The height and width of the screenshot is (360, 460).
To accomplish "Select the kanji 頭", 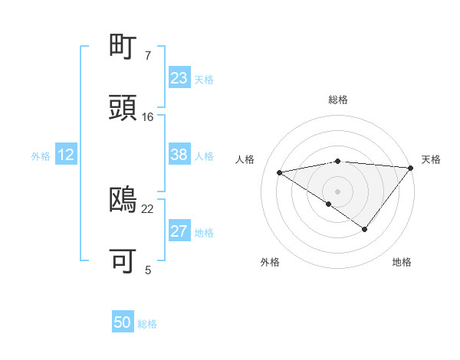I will pyautogui.click(x=123, y=108).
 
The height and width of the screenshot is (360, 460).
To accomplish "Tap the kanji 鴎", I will pyautogui.click(x=123, y=200).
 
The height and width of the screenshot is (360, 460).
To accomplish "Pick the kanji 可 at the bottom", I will pyautogui.click(x=123, y=261).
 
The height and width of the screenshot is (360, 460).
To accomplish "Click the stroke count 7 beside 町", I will pyautogui.click(x=148, y=56).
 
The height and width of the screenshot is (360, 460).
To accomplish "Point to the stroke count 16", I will pyautogui.click(x=148, y=117).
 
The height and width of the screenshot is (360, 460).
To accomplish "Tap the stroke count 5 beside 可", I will pyautogui.click(x=148, y=270).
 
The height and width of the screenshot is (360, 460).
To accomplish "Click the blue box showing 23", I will pyautogui.click(x=179, y=77).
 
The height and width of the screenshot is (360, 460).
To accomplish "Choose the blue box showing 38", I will pyautogui.click(x=179, y=155).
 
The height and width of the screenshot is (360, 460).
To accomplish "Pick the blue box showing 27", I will pyautogui.click(x=179, y=231).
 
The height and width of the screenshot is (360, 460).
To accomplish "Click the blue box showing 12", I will pyautogui.click(x=66, y=155).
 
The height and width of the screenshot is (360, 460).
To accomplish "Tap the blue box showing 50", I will pyautogui.click(x=123, y=322).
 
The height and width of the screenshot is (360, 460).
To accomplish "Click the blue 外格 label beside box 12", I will pyautogui.click(x=41, y=155).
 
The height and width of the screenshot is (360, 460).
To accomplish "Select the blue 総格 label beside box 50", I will pyautogui.click(x=147, y=324).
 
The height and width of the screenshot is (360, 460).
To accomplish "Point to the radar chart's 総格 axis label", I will pyautogui.click(x=338, y=100).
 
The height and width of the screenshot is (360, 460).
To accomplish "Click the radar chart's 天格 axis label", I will pyautogui.click(x=431, y=159).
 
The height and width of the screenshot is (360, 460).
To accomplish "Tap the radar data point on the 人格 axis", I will pyautogui.click(x=279, y=172).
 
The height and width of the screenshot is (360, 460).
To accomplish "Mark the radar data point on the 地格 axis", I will pyautogui.click(x=365, y=229).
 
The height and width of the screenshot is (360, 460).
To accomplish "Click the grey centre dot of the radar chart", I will pyautogui.click(x=338, y=191).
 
